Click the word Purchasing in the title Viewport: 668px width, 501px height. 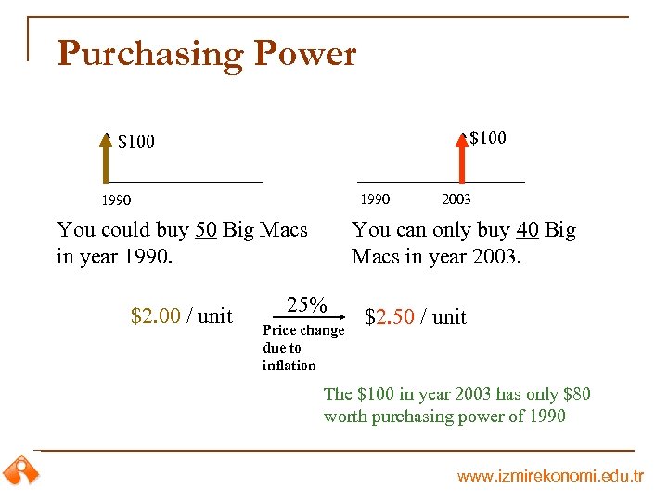point(150,54)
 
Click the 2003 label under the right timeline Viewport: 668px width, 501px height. point(456,199)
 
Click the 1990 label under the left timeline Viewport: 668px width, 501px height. point(116,200)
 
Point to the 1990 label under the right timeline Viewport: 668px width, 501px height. point(375,199)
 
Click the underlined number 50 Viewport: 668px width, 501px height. point(207,229)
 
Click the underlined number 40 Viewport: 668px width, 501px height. point(528,229)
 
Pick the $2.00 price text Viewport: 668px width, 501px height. point(156,316)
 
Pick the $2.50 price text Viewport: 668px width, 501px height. point(390,317)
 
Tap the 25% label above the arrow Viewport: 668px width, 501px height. point(306,304)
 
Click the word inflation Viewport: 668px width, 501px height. point(289,366)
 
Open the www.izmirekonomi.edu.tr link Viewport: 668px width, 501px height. point(550,476)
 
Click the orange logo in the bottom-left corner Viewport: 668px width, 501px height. point(19,471)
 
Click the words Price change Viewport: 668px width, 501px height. point(303,331)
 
